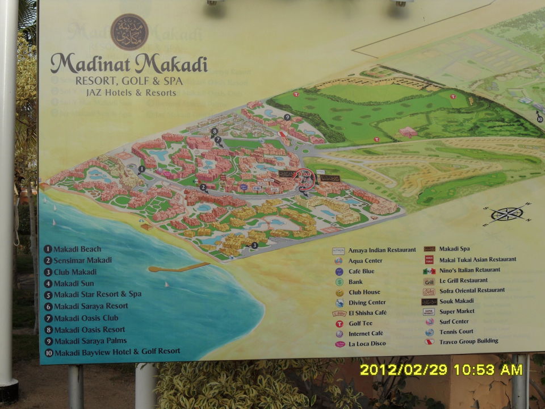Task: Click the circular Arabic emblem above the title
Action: tap(129, 32)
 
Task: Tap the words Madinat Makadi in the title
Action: tap(129, 63)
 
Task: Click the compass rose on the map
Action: tap(506, 214)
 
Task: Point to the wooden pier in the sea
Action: tap(178, 267)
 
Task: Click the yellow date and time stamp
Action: tap(441, 370)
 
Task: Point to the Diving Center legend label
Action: tap(367, 303)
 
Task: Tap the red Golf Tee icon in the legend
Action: tap(339, 324)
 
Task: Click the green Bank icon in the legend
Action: tap(339, 282)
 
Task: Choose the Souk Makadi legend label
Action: tap(456, 301)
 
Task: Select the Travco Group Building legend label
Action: tap(468, 341)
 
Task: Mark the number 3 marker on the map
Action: tap(254, 245)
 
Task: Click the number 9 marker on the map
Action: tap(287, 117)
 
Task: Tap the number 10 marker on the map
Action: tap(539, 119)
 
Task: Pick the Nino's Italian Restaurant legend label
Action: tap(469, 270)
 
